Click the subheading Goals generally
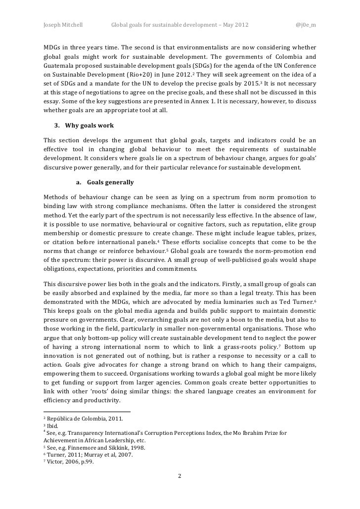(110, 182)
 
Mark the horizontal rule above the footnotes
(87, 412)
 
